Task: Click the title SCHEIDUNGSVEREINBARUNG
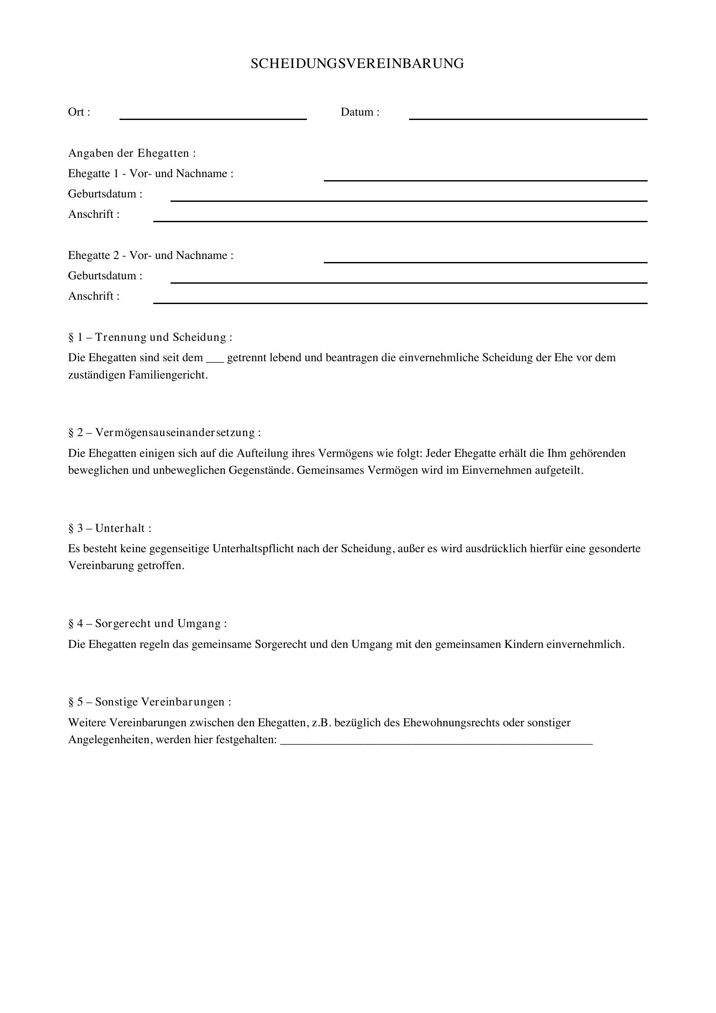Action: (x=357, y=64)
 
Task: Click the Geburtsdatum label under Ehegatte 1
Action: (x=105, y=194)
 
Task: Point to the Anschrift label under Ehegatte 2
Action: (x=94, y=296)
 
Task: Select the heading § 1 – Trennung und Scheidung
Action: (x=150, y=337)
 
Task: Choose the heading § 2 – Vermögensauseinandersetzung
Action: (x=164, y=433)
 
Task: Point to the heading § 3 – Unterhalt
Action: (x=110, y=528)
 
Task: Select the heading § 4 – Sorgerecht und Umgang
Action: (x=147, y=624)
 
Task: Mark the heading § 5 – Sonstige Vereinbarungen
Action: (x=149, y=702)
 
